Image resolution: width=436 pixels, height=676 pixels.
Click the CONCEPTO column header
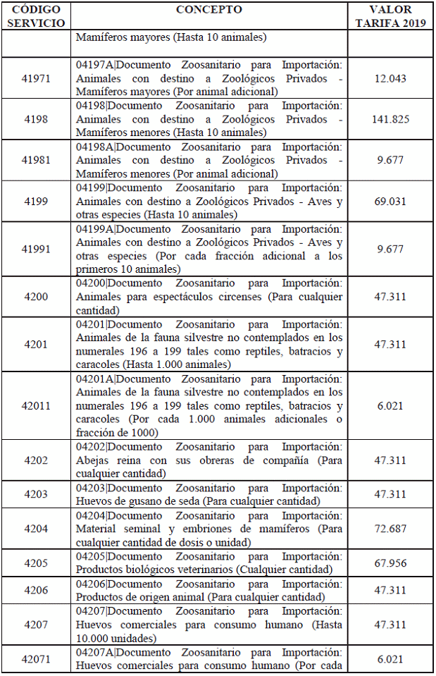208,10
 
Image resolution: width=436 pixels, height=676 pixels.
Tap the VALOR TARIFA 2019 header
390,16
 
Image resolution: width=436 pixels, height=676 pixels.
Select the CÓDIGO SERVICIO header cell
36,16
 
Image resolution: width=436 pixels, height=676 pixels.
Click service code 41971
36,78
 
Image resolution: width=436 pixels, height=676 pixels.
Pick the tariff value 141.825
390,119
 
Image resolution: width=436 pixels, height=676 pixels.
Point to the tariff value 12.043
390,78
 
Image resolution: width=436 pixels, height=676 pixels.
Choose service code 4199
36,202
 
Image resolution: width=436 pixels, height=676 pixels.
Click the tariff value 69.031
390,202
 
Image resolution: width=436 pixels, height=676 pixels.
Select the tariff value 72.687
390,529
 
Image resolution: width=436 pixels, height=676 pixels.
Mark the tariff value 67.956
390,563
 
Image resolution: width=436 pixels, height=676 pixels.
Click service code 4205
36,563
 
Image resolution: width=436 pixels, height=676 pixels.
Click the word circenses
236,297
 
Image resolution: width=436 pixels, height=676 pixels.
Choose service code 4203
36,494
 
